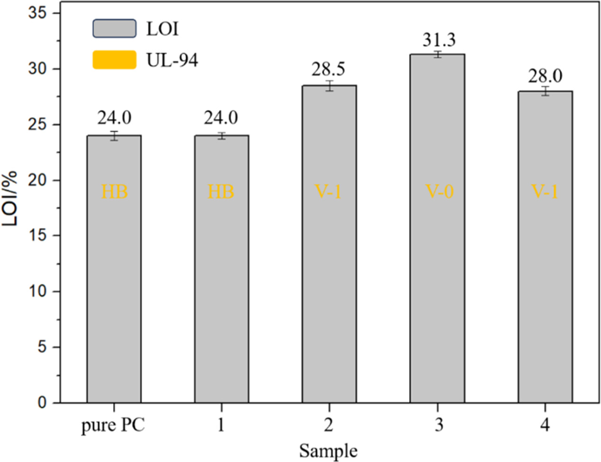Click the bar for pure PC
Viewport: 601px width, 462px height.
tap(114, 285)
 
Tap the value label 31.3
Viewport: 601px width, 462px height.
tap(439, 40)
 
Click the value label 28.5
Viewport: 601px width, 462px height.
tap(328, 70)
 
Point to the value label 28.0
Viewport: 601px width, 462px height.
tap(545, 76)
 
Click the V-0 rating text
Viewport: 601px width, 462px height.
tap(439, 192)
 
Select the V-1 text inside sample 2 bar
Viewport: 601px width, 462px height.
tap(328, 192)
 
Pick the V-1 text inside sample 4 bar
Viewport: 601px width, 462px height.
tap(545, 192)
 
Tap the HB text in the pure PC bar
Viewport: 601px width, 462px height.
tap(114, 192)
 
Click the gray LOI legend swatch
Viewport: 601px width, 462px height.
tap(114, 28)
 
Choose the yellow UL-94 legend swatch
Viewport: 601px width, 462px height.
tap(114, 60)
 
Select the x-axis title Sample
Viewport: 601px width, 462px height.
tap(328, 450)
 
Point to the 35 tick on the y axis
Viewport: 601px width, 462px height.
tap(37, 13)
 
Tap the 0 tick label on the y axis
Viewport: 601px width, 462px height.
tap(42, 403)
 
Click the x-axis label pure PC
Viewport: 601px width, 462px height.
tap(113, 425)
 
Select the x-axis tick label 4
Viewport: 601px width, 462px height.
tap(545, 425)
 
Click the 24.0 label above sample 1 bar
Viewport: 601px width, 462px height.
tap(221, 118)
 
